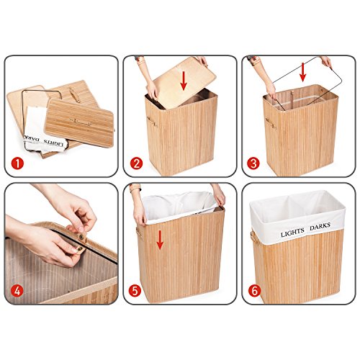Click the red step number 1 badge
(x=17, y=163)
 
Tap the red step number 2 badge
(x=136, y=163)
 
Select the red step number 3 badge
(x=253, y=163)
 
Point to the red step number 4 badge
(x=17, y=291)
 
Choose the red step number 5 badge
(x=135, y=291)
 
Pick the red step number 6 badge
(x=254, y=291)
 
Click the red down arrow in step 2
(x=184, y=80)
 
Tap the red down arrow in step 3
(x=303, y=72)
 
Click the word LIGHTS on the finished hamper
(x=292, y=233)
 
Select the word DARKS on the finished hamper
(x=320, y=226)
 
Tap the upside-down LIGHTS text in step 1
(x=53, y=143)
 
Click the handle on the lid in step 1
(x=80, y=122)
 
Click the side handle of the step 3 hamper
(x=269, y=122)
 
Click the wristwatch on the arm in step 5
(x=135, y=188)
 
